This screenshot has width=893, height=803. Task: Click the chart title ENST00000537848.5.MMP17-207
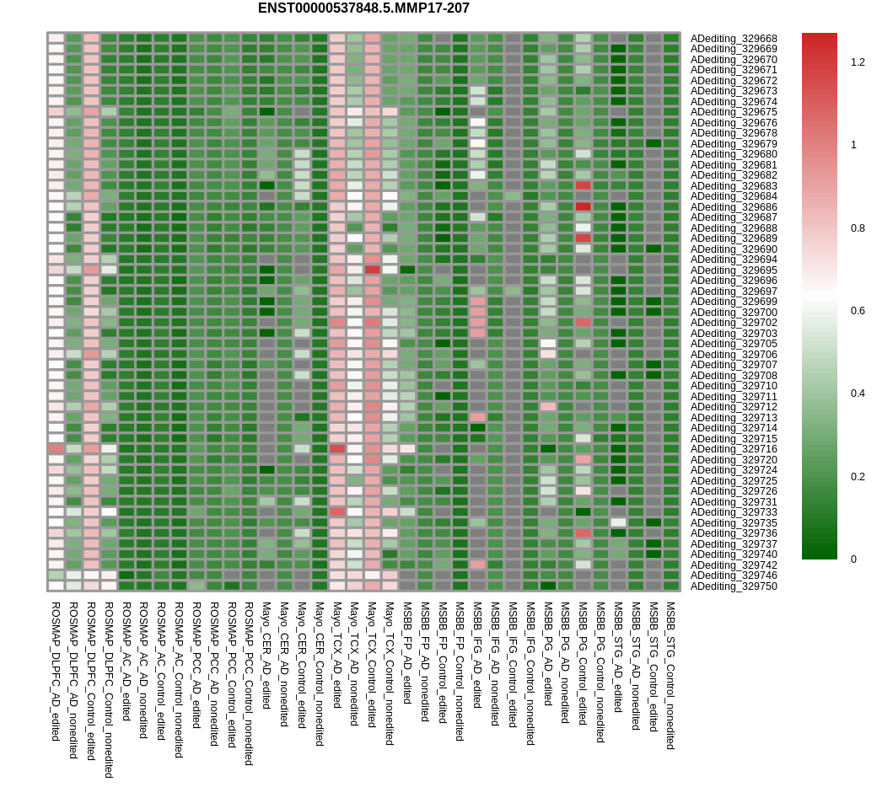click(x=363, y=8)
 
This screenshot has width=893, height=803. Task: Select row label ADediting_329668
click(x=734, y=39)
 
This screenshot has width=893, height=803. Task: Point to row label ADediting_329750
click(x=734, y=586)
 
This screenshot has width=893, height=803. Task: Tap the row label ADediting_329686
click(x=734, y=207)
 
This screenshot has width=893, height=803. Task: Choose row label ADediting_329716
click(x=734, y=449)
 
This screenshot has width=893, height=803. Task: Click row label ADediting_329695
click(x=734, y=270)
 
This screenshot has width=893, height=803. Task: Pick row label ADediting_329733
click(x=734, y=512)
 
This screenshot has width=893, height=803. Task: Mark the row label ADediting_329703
click(x=734, y=334)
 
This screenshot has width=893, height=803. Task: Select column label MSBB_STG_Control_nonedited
click(x=671, y=675)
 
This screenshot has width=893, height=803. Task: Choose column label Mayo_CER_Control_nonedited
click(x=320, y=673)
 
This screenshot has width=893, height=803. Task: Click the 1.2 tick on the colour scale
click(x=858, y=62)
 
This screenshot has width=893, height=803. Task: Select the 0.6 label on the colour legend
click(x=858, y=311)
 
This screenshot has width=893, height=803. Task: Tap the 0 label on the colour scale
click(x=853, y=559)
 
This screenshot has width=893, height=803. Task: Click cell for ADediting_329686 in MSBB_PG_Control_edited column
click(x=583, y=206)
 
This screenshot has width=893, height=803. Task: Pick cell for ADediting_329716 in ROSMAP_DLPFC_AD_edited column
click(x=56, y=449)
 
